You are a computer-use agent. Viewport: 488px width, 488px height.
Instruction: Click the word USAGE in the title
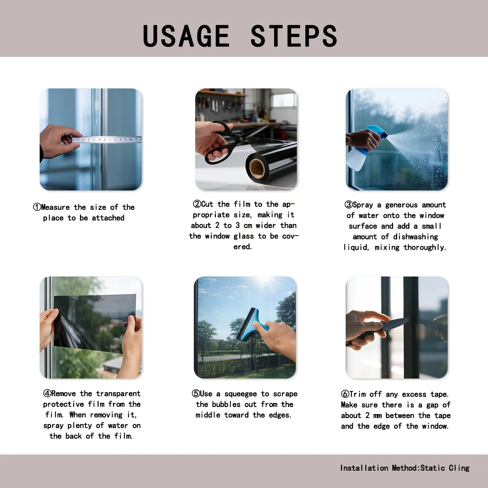pos(186,36)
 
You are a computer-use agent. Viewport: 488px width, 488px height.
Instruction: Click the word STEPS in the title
pos(294,36)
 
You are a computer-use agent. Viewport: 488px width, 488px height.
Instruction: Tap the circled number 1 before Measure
pos(37,207)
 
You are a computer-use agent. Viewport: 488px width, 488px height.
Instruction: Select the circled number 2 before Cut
pos(197,204)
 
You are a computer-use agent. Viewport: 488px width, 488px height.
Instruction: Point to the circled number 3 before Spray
pos(348,205)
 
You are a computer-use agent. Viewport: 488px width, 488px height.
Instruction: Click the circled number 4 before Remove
pos(47,393)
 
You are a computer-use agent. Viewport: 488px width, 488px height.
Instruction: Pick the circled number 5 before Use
pos(196,393)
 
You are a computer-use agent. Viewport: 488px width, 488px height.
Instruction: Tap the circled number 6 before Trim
pos(345,394)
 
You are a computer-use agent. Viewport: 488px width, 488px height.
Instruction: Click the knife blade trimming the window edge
pos(396,324)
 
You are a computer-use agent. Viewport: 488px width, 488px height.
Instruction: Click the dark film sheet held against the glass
pos(95,323)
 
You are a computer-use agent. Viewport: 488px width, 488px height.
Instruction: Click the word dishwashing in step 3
pos(415,237)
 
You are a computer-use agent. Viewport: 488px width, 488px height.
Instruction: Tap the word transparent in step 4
pos(118,393)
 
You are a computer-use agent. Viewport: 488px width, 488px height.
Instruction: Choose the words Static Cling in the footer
pos(445,468)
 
